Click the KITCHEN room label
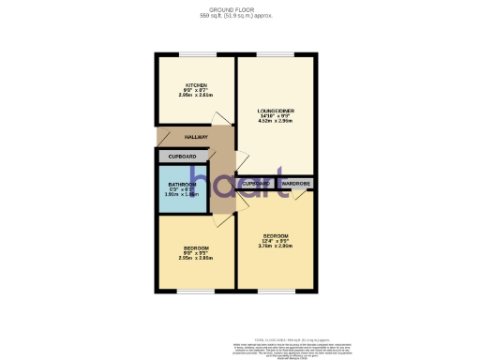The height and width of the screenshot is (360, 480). pyautogui.click(x=196, y=84)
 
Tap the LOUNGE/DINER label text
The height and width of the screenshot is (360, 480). pyautogui.click(x=277, y=111)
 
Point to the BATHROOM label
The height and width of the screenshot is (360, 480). pyautogui.click(x=183, y=184)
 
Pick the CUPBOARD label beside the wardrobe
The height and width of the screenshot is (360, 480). pyautogui.click(x=256, y=184)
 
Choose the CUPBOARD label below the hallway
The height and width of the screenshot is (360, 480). pyautogui.click(x=183, y=156)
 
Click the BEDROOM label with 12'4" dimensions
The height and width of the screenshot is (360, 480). pyautogui.click(x=276, y=235)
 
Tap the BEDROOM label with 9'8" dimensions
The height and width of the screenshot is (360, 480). pyautogui.click(x=196, y=247)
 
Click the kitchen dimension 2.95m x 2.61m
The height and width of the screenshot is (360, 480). pyautogui.click(x=196, y=95)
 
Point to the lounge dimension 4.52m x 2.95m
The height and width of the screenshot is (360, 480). pyautogui.click(x=277, y=121)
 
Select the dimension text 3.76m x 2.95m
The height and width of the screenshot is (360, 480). pyautogui.click(x=276, y=246)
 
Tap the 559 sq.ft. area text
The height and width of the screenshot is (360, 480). pyautogui.click(x=240, y=16)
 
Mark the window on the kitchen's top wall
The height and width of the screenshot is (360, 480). pyautogui.click(x=196, y=54)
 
